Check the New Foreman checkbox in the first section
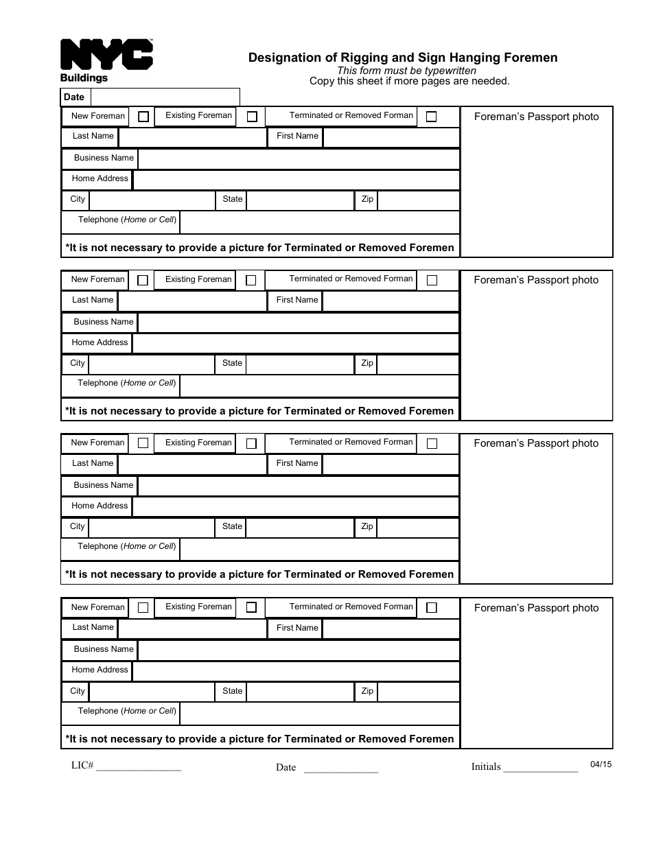143,117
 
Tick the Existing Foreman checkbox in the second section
251,280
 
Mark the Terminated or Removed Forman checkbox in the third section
432,443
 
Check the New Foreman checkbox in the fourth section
143,607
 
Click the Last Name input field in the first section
192,137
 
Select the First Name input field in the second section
390,301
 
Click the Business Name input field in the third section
298,486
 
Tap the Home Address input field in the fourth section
295,670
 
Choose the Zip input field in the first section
418,200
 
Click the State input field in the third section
299,527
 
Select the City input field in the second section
152,364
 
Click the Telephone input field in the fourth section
319,712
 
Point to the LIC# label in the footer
82,765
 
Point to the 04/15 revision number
600,764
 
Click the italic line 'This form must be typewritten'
406,71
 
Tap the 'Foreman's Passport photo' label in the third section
536,443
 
